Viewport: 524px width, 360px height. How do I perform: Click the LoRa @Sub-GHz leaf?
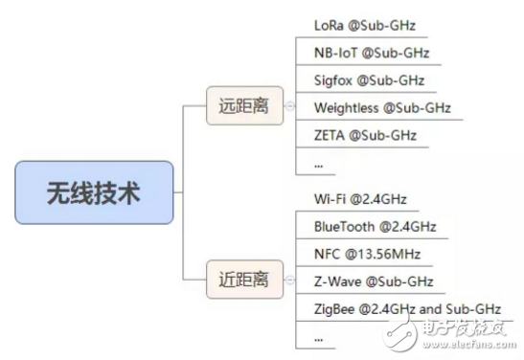(x=364, y=24)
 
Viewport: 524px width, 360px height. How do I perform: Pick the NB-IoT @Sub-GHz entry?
(x=371, y=52)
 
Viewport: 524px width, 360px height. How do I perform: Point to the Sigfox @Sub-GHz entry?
(x=369, y=79)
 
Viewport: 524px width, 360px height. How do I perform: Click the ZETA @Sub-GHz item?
(x=365, y=135)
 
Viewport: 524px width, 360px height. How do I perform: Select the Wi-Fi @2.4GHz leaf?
(x=360, y=198)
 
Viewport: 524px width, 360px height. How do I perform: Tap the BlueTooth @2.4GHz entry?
(x=375, y=226)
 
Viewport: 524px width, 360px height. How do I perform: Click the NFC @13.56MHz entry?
(x=367, y=254)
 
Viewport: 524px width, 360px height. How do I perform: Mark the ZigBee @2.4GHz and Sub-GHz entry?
(x=407, y=309)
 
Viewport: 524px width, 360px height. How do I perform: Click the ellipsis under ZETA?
(x=318, y=164)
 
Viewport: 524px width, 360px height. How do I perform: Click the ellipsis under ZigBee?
(x=318, y=338)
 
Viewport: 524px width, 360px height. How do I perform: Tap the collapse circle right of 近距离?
(x=288, y=282)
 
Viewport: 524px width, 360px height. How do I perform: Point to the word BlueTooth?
(x=347, y=226)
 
